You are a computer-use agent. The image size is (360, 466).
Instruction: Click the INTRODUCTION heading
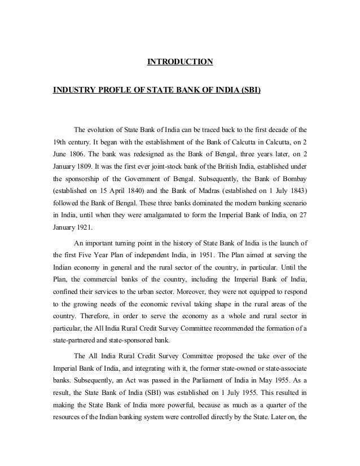(x=180, y=60)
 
